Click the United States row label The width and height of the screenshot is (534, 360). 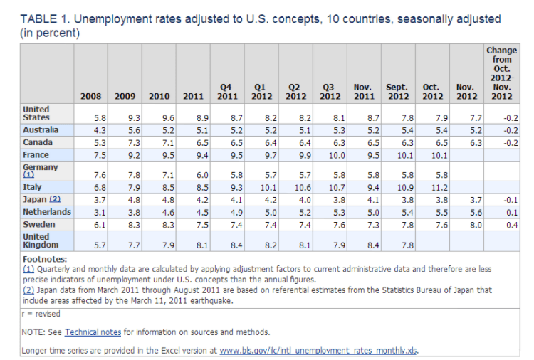pos(36,113)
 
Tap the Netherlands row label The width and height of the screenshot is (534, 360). pos(46,212)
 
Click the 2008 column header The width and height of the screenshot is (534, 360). pos(90,96)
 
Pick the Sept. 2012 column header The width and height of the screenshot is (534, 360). pos(397,92)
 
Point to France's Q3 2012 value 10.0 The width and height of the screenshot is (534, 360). pos(330,155)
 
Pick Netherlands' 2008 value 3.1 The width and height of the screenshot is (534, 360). pos(95,213)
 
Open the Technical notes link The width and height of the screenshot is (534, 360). pos(88,332)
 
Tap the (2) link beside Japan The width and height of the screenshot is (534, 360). pos(55,199)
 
